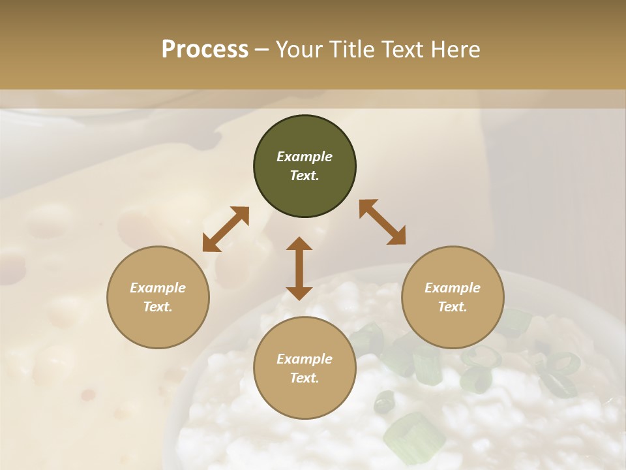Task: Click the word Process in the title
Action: coord(205,50)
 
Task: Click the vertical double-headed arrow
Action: coord(299,268)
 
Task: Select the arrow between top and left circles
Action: coord(226,228)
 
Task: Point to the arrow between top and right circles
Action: coord(382,222)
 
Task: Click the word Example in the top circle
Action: coord(305,157)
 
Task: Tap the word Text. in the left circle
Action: coord(158,307)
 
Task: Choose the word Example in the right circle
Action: coord(453,288)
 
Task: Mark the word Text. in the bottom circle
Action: coord(305,378)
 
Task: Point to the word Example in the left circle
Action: coord(158,288)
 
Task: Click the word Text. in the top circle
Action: coord(305,176)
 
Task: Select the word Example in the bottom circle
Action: coord(305,359)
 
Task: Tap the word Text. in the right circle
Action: coord(453,307)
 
